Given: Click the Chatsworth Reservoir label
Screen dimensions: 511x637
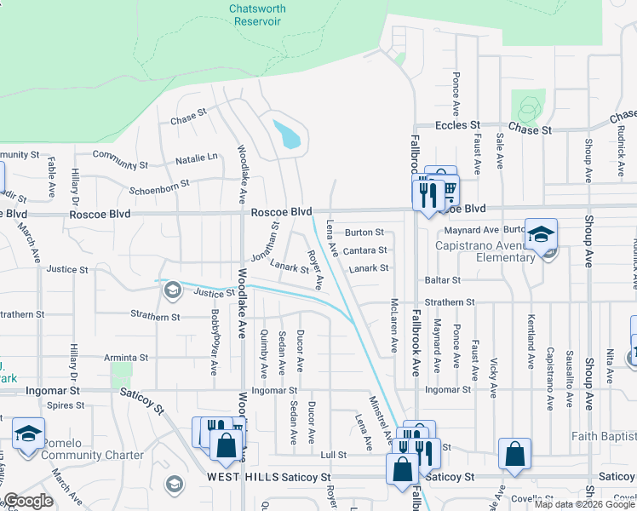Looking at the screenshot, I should [x=257, y=15].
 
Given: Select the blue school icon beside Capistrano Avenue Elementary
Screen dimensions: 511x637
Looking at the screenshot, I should [x=541, y=234].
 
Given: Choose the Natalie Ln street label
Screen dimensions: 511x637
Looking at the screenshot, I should [x=197, y=158].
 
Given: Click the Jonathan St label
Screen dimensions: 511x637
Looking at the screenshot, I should [x=265, y=242].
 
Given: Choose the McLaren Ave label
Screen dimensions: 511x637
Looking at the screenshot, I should [x=393, y=325].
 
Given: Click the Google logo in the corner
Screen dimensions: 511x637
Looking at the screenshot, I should [x=28, y=501].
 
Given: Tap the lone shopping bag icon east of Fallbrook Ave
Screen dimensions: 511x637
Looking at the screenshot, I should [x=515, y=455].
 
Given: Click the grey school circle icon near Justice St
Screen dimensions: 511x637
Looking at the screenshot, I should [x=173, y=290].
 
